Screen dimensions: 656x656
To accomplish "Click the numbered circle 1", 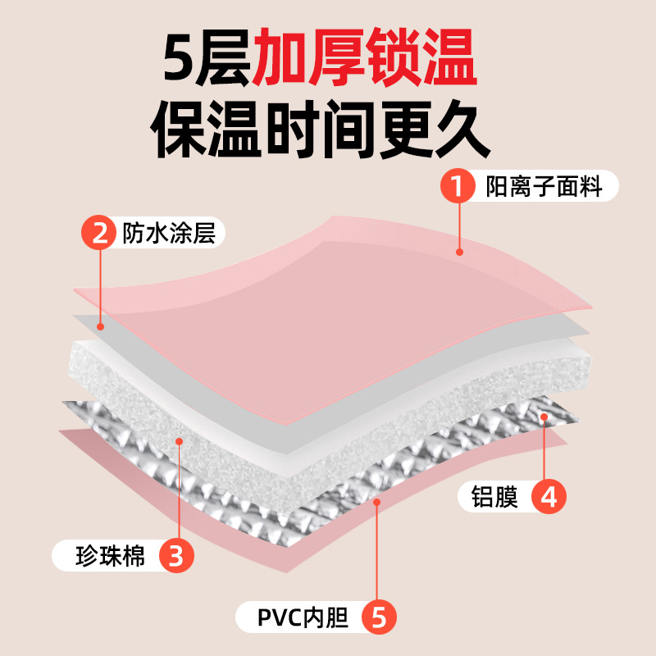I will [x=459, y=187].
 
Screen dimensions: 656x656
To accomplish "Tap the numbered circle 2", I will [x=99, y=234].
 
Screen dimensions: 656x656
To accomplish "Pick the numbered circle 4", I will [x=549, y=497].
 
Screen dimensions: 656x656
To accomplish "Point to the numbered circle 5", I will [x=378, y=617].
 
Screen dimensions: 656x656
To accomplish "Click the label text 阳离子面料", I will [x=544, y=187].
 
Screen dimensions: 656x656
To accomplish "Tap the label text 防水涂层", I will [x=168, y=234].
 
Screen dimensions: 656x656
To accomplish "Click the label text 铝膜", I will [x=494, y=497].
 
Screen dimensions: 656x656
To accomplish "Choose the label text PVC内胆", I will [x=303, y=617].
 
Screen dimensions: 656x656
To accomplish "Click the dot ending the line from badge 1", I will [x=460, y=252].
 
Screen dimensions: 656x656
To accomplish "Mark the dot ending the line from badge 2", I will [x=100, y=326].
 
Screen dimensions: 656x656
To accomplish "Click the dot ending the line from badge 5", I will [x=376, y=499].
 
